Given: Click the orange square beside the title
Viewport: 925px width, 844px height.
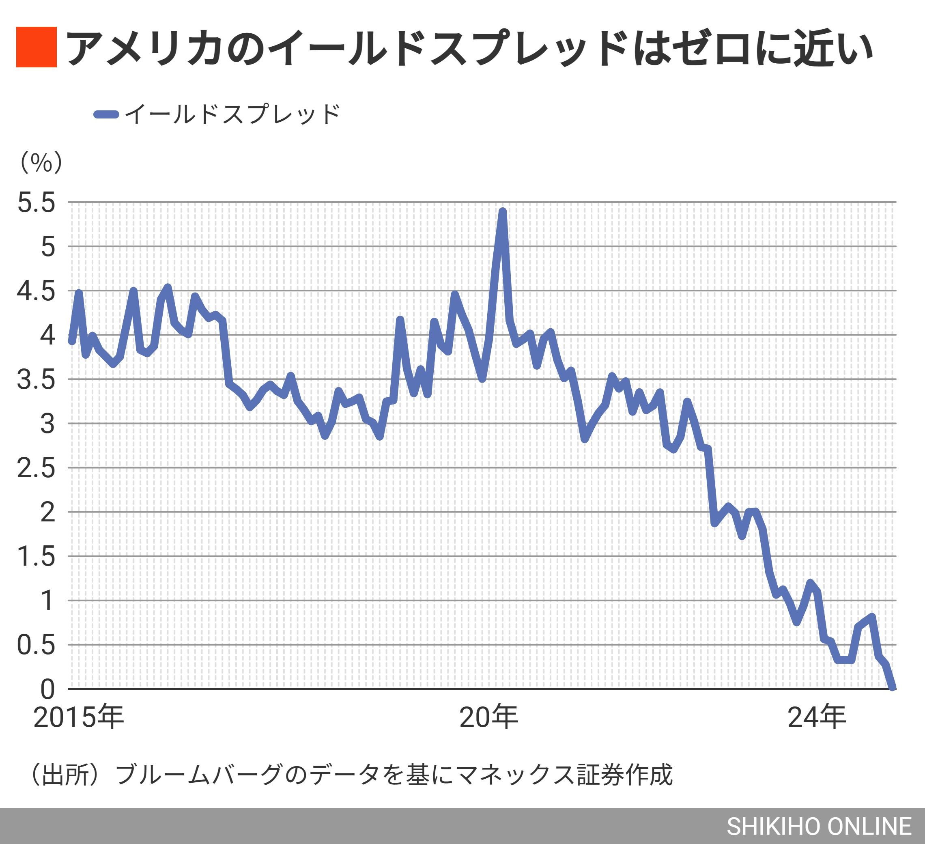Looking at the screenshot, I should click(36, 47).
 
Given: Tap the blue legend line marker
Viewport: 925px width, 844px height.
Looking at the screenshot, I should click(106, 115).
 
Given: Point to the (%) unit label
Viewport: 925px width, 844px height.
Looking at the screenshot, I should click(41, 162).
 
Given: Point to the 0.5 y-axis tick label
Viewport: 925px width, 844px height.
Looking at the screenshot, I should click(36, 645).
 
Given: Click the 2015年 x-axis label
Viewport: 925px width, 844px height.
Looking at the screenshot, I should click(78, 717).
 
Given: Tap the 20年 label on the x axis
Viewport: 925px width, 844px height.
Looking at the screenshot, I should click(488, 717).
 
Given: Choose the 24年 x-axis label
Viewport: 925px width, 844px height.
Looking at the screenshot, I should click(817, 717).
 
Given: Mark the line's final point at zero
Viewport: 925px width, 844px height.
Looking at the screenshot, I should click(893, 687).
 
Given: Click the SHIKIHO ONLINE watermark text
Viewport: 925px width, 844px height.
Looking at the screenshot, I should click(819, 826).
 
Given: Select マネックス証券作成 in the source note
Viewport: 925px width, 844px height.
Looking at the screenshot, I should click(564, 775).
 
